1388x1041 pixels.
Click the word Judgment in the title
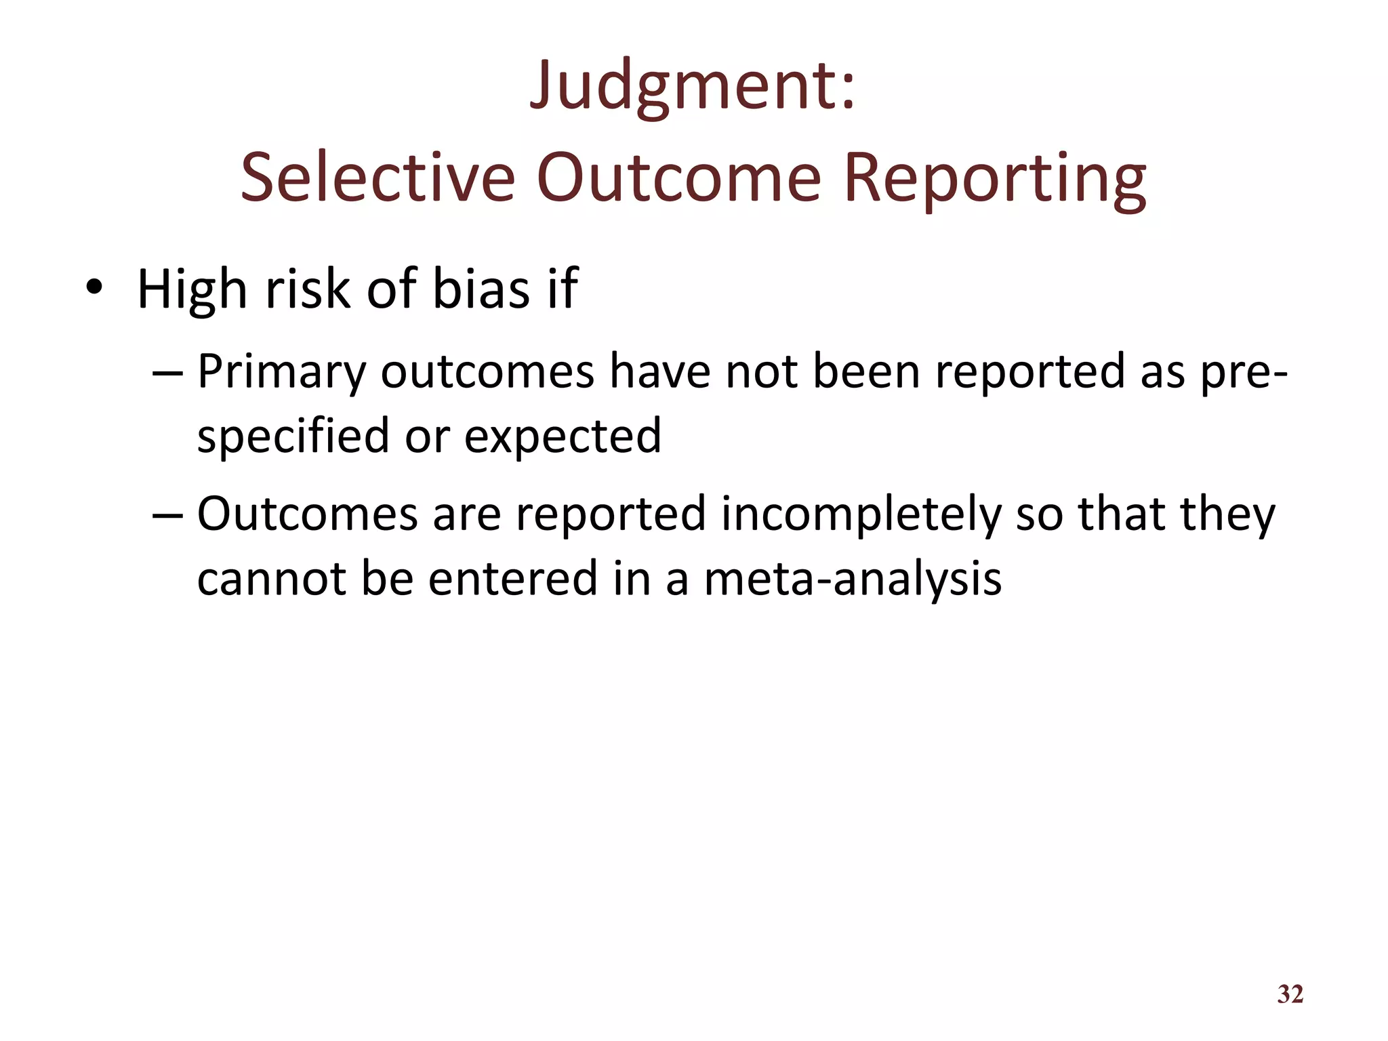click(x=681, y=87)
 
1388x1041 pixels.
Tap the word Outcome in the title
click(x=678, y=178)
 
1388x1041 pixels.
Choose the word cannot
click(x=271, y=578)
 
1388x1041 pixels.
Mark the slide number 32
click(x=1290, y=994)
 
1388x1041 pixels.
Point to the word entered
click(x=512, y=578)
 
